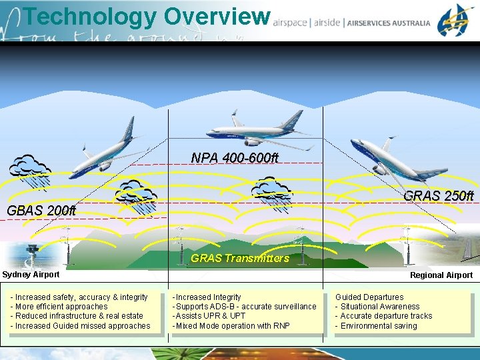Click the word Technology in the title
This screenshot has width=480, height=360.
(89, 16)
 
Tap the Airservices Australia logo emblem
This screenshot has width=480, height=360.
(456, 20)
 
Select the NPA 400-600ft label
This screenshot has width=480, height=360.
(235, 158)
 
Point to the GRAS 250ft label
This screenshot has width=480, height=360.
(438, 196)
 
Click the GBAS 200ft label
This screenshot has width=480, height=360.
(41, 211)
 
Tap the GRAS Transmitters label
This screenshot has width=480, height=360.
(240, 258)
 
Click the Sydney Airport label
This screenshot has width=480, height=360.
(31, 275)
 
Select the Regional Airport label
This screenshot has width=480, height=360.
(441, 275)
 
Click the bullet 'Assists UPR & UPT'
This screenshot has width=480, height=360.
(209, 316)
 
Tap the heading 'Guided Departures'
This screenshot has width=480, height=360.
(369, 297)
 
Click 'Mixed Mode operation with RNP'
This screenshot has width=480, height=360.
(231, 326)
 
